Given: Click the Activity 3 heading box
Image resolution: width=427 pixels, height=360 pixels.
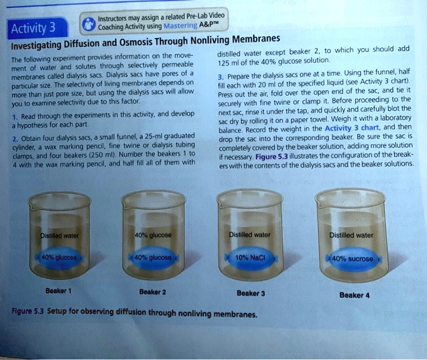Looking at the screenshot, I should pos(35,29).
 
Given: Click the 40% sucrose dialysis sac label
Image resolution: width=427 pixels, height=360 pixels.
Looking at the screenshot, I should pos(354,258).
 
